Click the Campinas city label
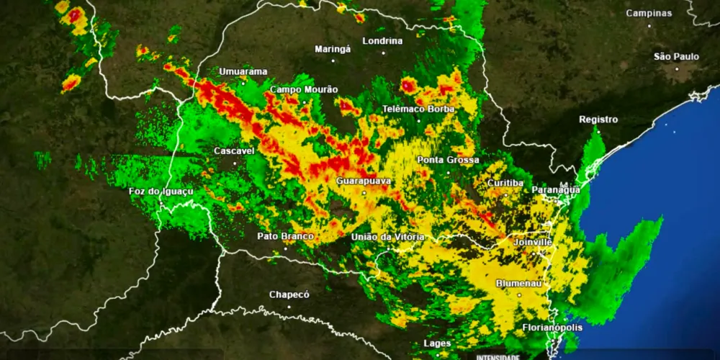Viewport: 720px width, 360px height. (x=648, y=13)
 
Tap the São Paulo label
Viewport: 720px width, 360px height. (x=676, y=56)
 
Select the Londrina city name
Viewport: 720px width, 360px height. (x=382, y=41)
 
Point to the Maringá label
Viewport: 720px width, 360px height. (x=333, y=49)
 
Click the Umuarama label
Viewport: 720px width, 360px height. (x=243, y=71)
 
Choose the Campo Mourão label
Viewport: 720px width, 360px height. (x=304, y=89)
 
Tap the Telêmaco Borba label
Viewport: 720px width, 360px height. (x=418, y=109)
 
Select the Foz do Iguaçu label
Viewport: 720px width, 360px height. (x=161, y=192)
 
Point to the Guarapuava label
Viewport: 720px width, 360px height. (x=364, y=181)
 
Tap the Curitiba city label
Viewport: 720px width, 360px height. (x=505, y=183)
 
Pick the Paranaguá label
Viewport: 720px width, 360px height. (x=556, y=189)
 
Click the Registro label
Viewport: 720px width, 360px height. (x=598, y=120)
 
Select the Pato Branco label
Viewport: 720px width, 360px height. (x=286, y=236)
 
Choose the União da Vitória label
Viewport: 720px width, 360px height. (x=387, y=237)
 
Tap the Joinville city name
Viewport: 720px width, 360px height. (x=533, y=243)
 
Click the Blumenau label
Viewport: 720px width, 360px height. (x=518, y=284)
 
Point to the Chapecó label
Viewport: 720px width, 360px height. (x=289, y=294)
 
